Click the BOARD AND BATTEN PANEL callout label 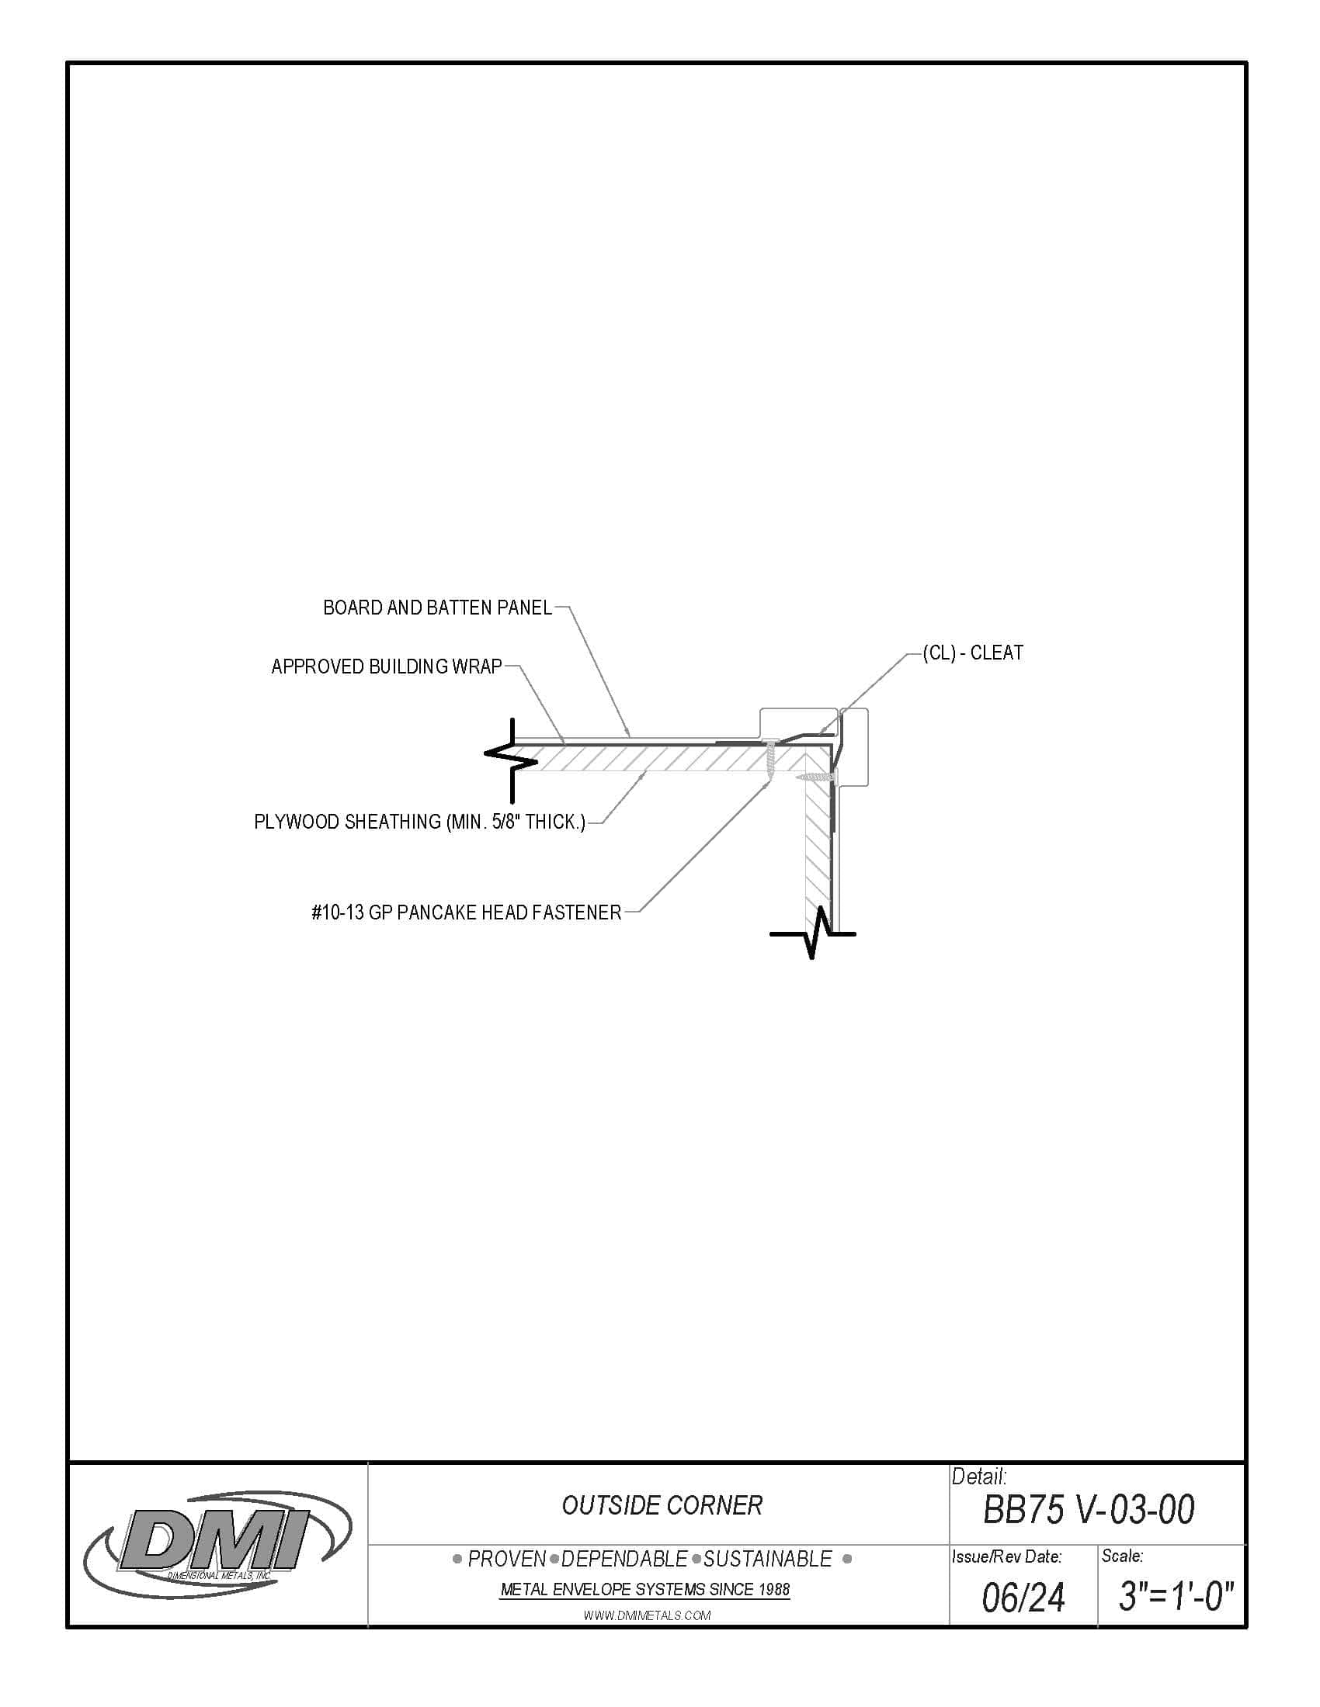437,608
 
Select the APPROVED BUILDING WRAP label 387,667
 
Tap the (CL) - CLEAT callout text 973,653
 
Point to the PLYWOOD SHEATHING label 419,822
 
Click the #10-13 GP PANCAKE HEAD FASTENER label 466,912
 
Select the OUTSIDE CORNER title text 662,1505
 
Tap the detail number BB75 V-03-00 1088,1509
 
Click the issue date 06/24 1023,1597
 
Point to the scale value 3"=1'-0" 1176,1595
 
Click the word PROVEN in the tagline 507,1560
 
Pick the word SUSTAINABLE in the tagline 767,1560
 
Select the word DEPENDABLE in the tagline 624,1560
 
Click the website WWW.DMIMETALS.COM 647,1615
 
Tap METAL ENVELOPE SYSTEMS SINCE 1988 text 644,1589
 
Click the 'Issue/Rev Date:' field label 1006,1556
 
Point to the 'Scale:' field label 1122,1556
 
